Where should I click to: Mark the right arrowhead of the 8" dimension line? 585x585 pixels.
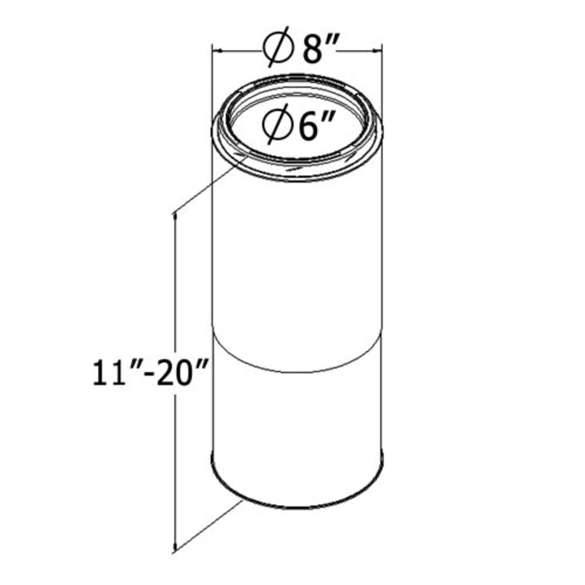(377, 50)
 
